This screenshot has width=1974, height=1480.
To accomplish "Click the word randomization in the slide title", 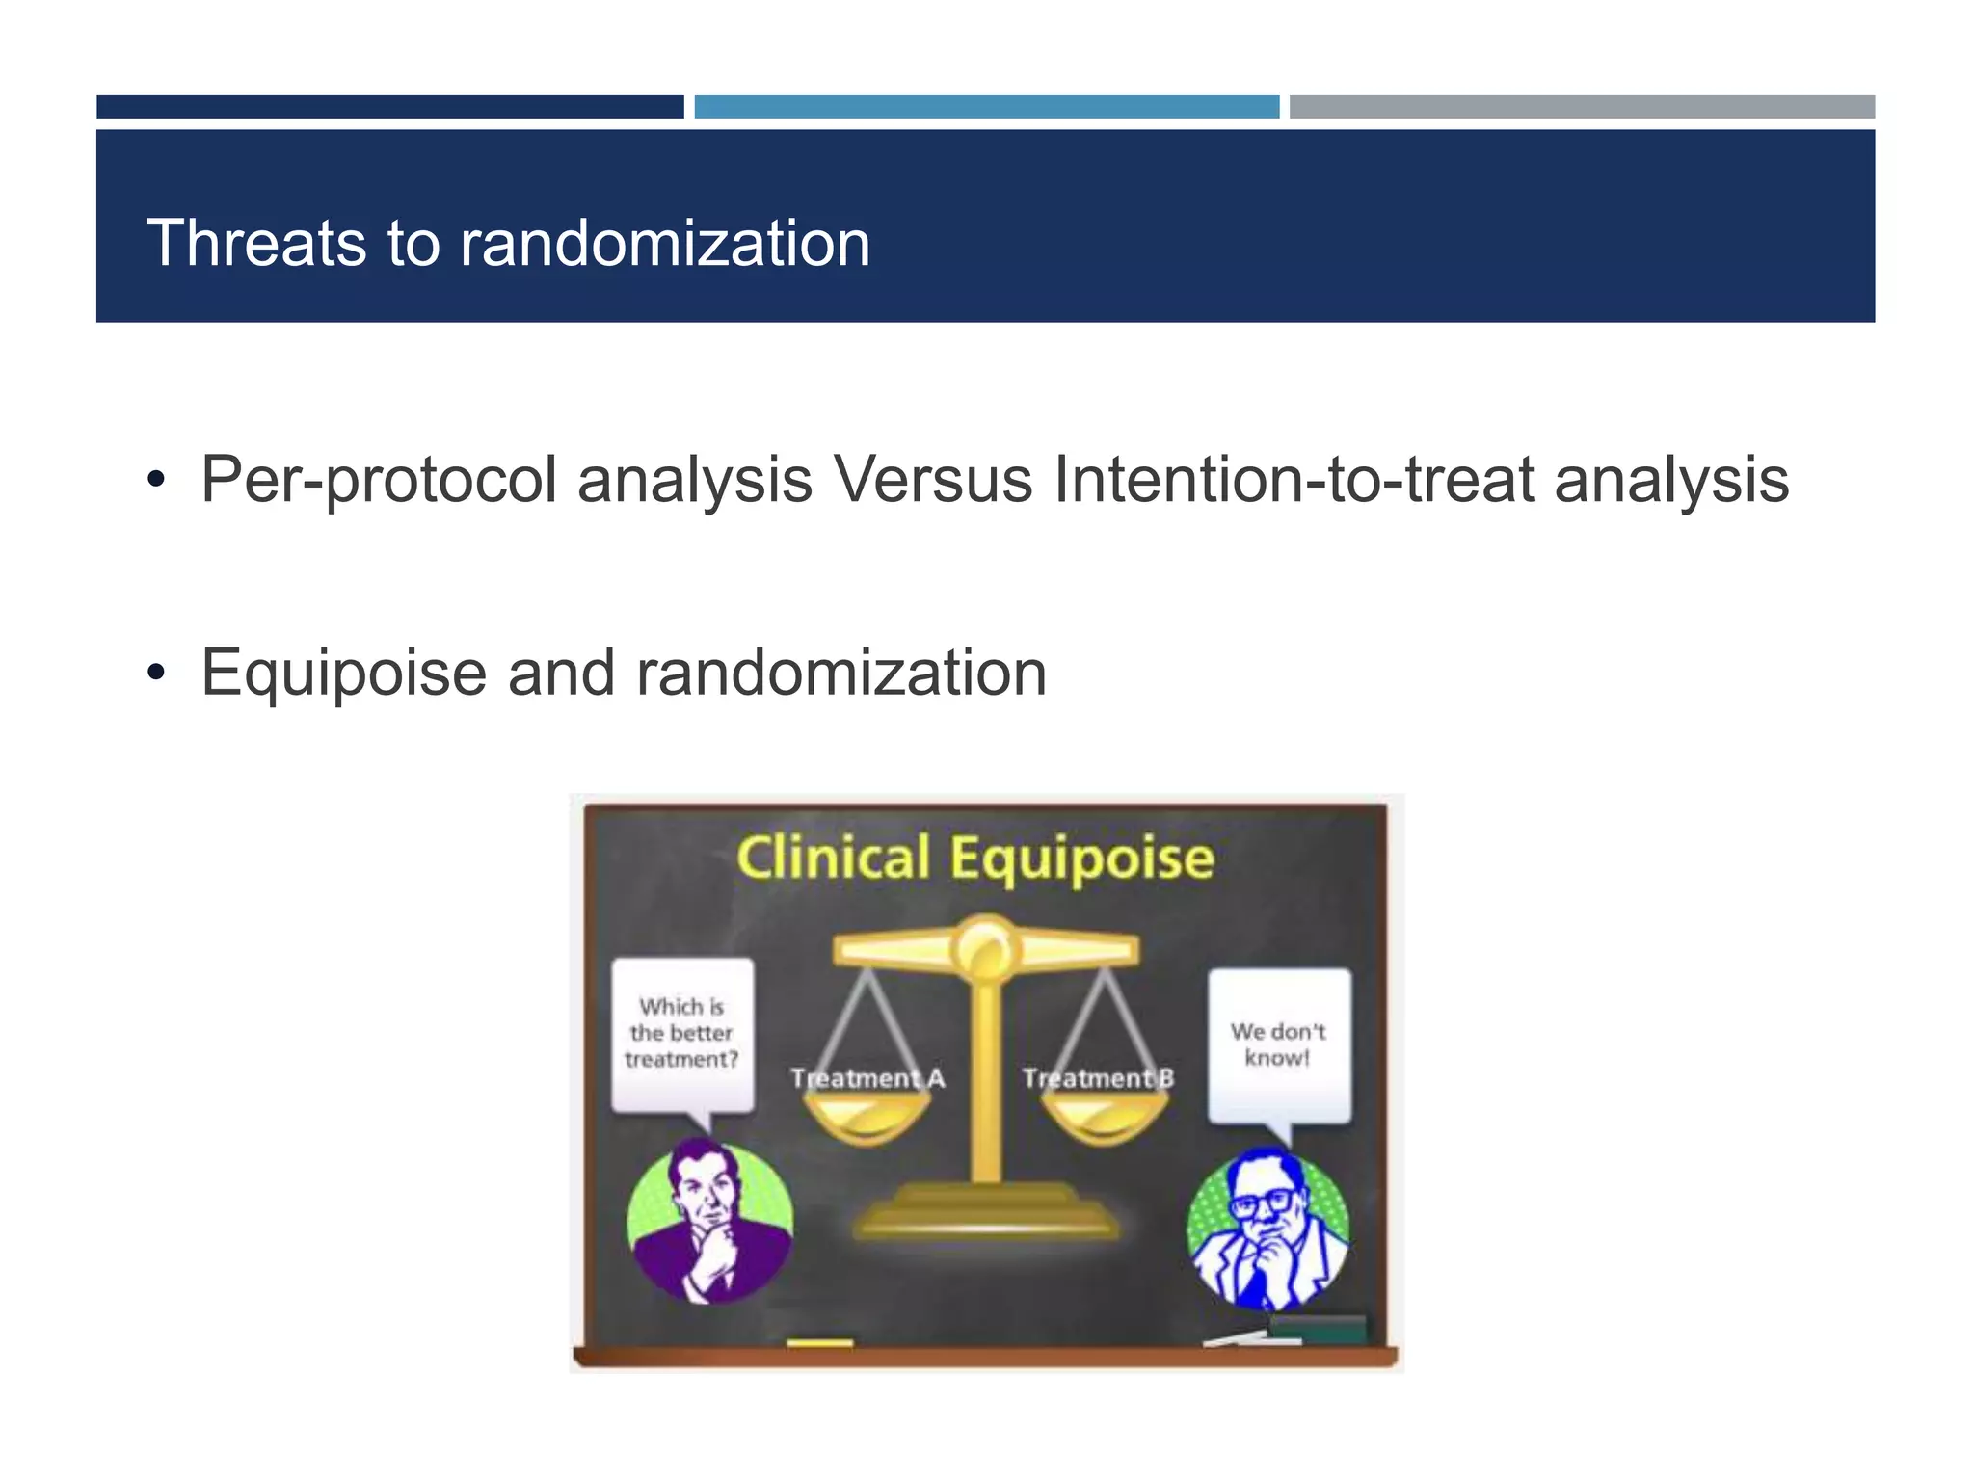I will click(x=664, y=243).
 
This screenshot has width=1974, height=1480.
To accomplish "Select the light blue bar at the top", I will click(x=986, y=107).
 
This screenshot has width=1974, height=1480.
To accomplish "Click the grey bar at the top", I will click(x=1582, y=107).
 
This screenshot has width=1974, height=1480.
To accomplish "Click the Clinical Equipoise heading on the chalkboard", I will click(x=974, y=858).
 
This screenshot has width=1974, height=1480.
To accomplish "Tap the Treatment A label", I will click(x=867, y=1078).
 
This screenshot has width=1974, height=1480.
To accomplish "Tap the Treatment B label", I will click(x=1098, y=1078).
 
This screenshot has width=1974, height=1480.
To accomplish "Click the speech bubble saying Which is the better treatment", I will click(x=682, y=1033).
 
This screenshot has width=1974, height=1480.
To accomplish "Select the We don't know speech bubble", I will click(x=1279, y=1044).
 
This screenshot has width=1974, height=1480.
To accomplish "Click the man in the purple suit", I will click(x=710, y=1222).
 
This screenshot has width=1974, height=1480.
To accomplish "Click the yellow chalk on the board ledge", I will click(x=819, y=1342).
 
